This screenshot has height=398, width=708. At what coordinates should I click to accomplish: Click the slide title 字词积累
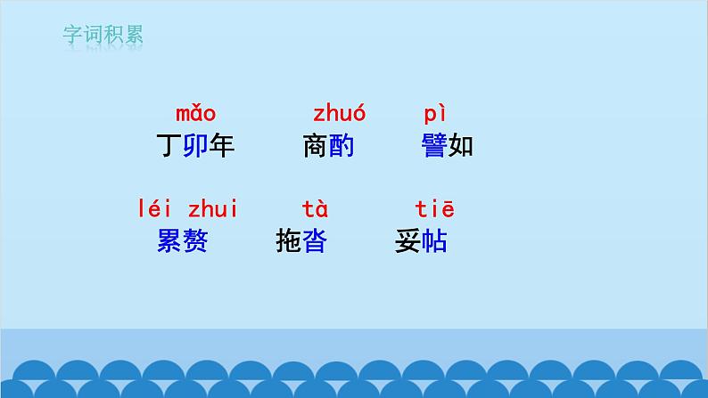(x=103, y=36)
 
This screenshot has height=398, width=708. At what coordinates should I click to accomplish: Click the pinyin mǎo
(x=195, y=114)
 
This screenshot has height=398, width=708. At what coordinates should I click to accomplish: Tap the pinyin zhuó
(x=339, y=114)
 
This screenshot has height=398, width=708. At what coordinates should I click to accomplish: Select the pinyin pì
(x=434, y=114)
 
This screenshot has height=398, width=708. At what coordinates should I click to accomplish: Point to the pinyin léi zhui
(x=188, y=210)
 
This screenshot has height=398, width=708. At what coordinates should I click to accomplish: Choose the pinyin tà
(x=315, y=210)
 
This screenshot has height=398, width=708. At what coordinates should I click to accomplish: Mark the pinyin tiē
(x=435, y=210)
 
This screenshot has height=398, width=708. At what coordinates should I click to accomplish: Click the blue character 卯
(x=195, y=146)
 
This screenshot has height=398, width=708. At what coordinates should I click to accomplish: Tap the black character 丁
(x=169, y=146)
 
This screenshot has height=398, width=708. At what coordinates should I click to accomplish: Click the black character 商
(x=316, y=146)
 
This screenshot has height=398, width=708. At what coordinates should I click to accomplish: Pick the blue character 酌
(x=342, y=146)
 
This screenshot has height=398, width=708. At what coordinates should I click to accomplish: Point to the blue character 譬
(x=434, y=146)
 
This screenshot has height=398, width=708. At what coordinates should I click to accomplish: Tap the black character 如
(x=460, y=146)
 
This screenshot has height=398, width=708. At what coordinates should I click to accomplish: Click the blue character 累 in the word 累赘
(x=169, y=241)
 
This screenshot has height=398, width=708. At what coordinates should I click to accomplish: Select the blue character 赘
(x=195, y=241)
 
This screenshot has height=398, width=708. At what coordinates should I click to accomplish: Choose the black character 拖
(x=289, y=241)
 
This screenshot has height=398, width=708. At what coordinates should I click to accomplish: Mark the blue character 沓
(x=315, y=241)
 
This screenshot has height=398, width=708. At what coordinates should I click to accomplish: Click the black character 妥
(x=408, y=241)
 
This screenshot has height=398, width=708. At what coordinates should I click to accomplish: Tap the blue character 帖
(x=434, y=241)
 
